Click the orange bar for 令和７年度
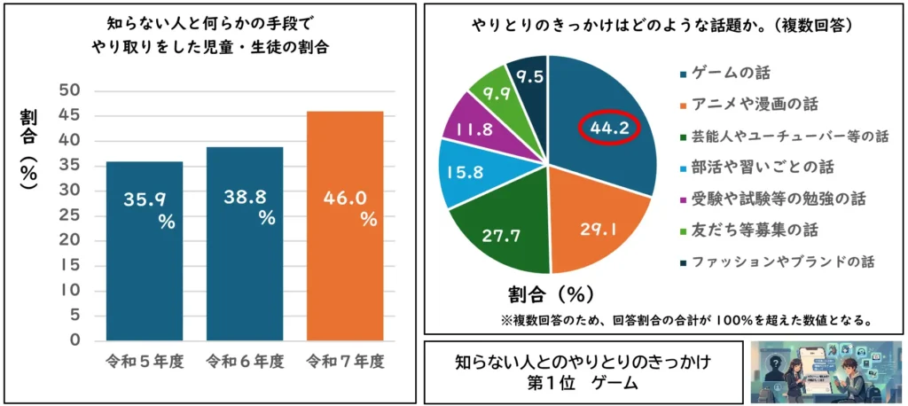tap(345, 225)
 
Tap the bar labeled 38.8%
tap(245, 243)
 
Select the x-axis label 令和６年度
tap(245, 362)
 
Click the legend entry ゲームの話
tap(731, 74)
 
